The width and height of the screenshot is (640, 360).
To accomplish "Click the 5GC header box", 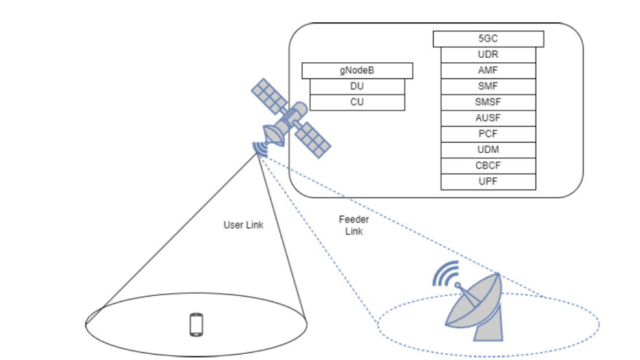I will click(488, 39).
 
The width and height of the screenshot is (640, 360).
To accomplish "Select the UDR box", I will click(488, 55).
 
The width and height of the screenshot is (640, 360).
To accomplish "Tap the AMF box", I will click(488, 70).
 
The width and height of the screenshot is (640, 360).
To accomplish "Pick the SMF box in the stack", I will click(488, 87).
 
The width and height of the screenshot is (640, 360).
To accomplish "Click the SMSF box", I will click(488, 102).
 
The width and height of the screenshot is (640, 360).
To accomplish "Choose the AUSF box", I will click(488, 118).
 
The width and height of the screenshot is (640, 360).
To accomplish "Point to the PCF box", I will click(488, 134).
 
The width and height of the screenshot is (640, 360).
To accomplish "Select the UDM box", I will click(488, 150).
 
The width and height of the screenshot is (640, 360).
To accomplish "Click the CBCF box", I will click(488, 165).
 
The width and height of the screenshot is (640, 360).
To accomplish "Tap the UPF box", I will click(488, 182).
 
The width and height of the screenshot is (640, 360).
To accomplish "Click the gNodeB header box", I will click(357, 70).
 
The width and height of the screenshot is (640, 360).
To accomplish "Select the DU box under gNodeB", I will click(357, 87).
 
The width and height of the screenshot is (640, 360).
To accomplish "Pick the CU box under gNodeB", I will click(357, 102).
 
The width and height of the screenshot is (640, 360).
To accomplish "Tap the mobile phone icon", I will click(197, 324).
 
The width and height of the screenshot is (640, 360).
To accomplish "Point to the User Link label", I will click(243, 226).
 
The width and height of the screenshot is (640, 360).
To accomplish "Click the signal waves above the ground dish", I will click(445, 273).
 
